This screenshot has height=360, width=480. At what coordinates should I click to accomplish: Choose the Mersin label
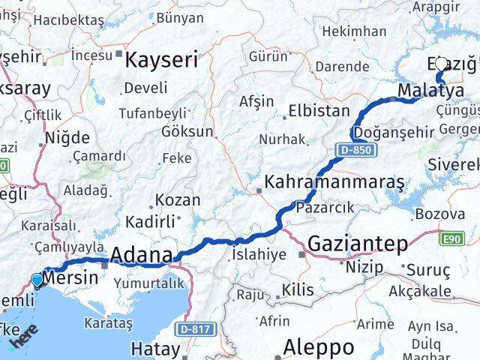tap(70, 277)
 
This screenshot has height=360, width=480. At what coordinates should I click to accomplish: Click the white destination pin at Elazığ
tap(441, 65)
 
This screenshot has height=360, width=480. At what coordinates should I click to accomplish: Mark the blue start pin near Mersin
tap(38, 281)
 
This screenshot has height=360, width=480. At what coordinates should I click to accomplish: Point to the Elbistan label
tap(319, 110)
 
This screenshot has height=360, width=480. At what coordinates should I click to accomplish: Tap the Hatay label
tap(155, 349)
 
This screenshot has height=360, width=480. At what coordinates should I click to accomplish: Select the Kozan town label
tap(178, 200)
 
